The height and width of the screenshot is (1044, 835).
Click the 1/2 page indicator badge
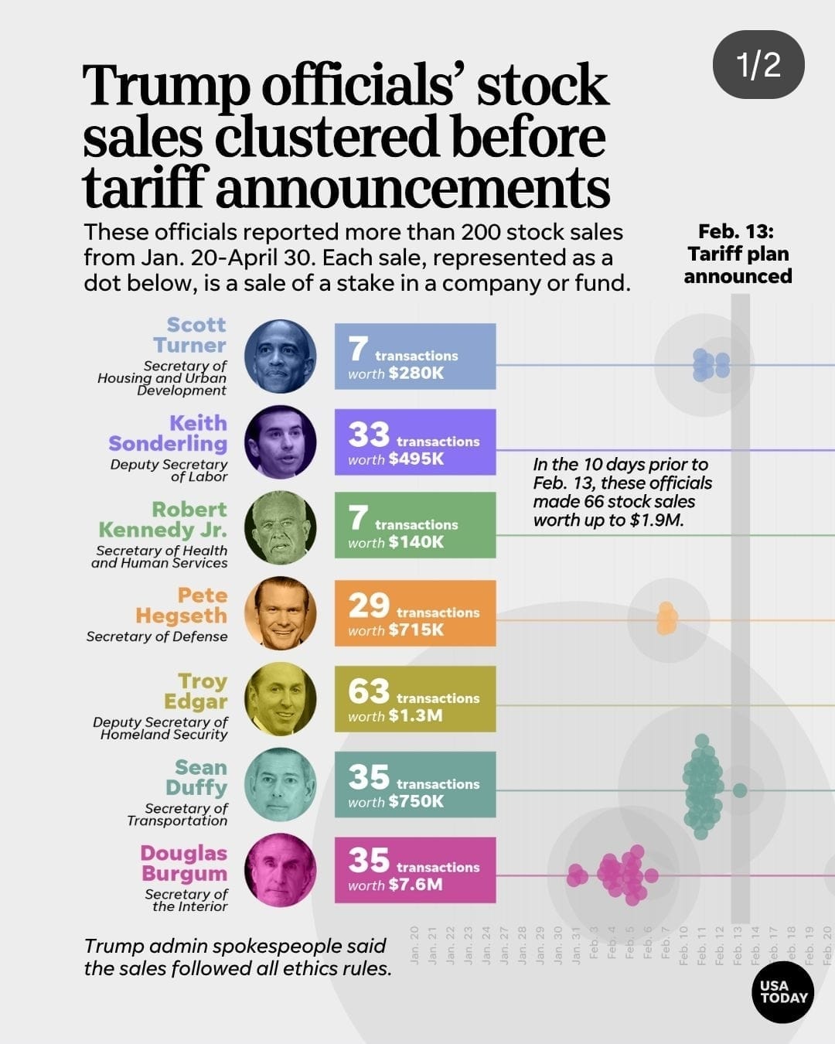[x=758, y=64]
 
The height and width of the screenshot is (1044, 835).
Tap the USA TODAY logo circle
[x=782, y=992]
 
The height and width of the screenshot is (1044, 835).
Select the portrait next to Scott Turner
[x=280, y=357]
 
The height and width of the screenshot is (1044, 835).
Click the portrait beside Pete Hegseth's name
[x=280, y=613]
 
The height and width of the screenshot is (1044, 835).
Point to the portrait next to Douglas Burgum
[x=280, y=870]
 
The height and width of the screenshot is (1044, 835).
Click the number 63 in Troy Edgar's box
[x=369, y=691]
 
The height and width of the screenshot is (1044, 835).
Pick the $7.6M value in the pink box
[x=416, y=885]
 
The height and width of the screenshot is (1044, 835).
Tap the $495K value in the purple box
[x=416, y=459]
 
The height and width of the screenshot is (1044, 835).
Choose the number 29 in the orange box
[x=369, y=606]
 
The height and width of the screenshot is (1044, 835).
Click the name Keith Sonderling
[x=168, y=433]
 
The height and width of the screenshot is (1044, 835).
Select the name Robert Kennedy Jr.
[x=163, y=520]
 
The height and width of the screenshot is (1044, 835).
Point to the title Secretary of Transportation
[x=178, y=814]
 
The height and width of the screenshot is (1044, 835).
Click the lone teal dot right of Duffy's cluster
[x=740, y=790]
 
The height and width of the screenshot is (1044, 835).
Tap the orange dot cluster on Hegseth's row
[x=666, y=619]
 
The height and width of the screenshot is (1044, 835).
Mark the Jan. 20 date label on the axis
[x=414, y=945]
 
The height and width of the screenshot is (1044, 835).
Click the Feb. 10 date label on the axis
[x=683, y=945]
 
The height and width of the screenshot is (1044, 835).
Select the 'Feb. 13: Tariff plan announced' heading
[x=738, y=254]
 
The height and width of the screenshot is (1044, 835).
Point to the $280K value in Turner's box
[x=416, y=374]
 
